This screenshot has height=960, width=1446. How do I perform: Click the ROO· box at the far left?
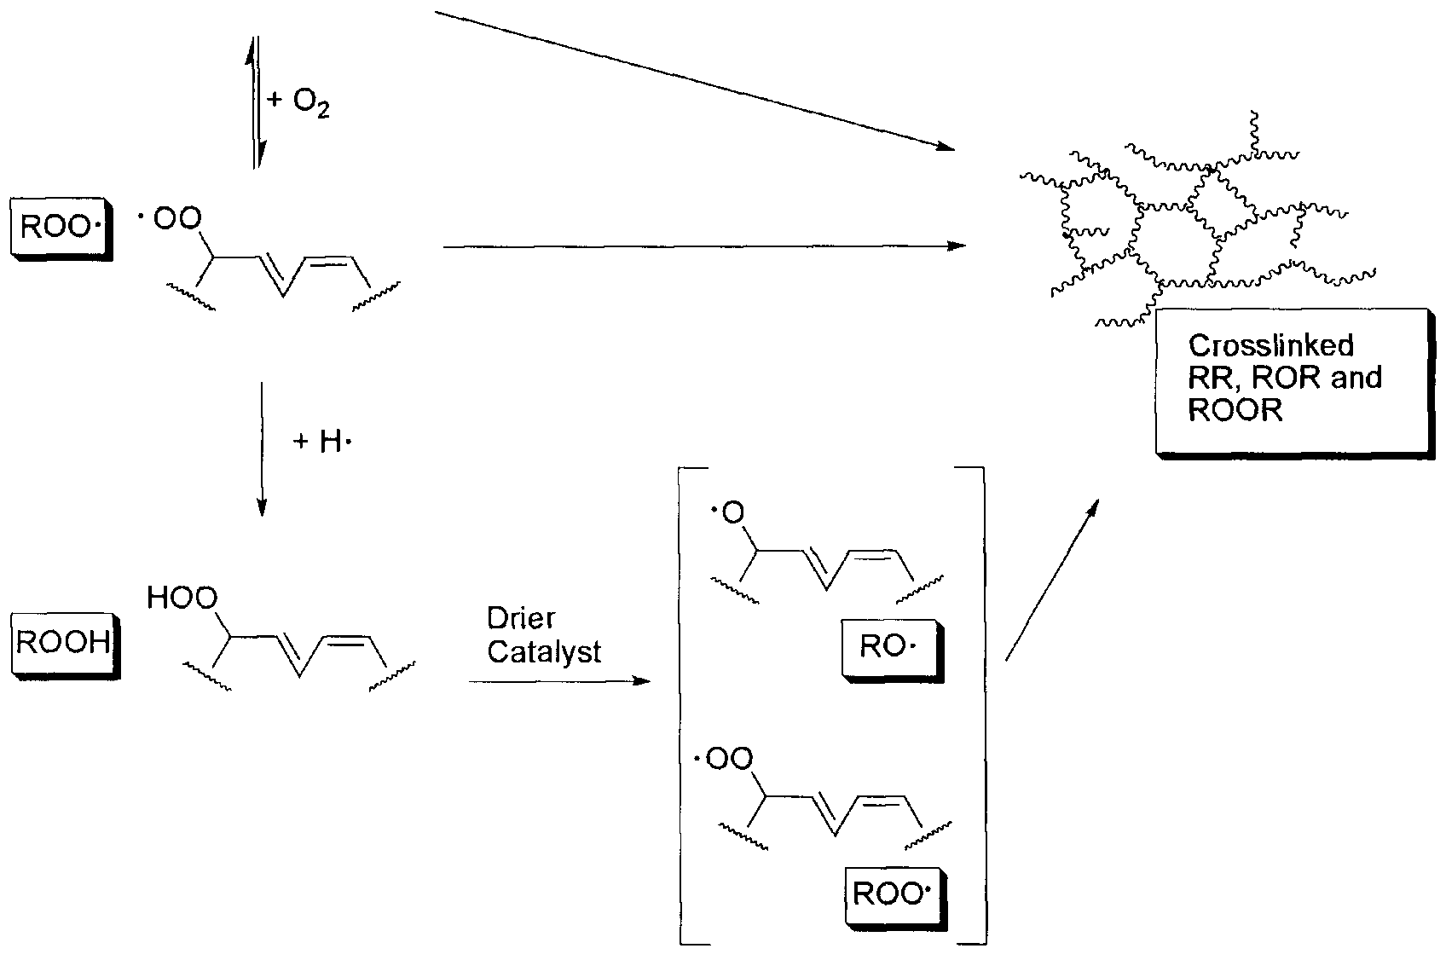coord(58,227)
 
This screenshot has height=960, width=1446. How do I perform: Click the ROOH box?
coord(64,642)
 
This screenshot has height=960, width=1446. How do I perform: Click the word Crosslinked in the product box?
coord(1270,345)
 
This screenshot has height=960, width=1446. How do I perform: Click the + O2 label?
coord(298,102)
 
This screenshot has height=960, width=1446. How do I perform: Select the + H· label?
coord(322,442)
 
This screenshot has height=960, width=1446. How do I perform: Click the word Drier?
coord(521,618)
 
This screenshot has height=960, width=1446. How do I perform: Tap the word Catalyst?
coord(544,652)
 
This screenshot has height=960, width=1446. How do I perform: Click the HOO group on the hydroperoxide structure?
coord(182,599)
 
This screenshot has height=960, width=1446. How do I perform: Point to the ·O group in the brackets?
coord(727,513)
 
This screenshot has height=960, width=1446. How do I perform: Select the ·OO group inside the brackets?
coord(724,759)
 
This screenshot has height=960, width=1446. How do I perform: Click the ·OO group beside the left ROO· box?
coord(170,220)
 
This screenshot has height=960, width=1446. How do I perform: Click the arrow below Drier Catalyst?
coord(558,681)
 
